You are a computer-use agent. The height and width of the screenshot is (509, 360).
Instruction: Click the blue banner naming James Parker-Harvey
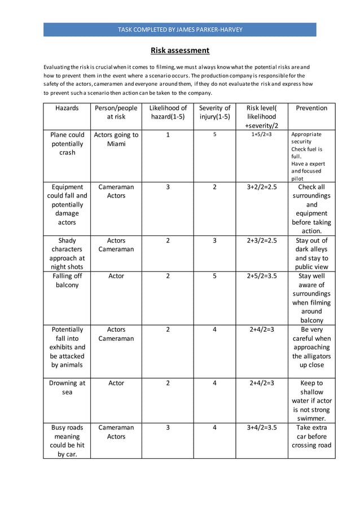tap(180, 29)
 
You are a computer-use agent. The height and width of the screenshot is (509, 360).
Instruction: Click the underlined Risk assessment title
tap(180, 50)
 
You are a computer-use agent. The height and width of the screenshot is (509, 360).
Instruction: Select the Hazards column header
tap(67, 108)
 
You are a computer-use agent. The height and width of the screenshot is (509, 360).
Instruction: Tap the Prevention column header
tap(311, 108)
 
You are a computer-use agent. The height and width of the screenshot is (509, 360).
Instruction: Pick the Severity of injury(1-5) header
tap(214, 112)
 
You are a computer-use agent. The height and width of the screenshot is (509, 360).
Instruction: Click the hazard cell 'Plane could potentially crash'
tap(67, 143)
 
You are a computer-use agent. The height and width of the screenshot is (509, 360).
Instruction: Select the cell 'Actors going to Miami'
tap(116, 139)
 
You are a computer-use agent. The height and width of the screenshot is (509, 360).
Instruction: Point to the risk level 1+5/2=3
tap(262, 135)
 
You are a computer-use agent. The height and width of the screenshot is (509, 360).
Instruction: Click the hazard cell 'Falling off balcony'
tap(67, 280)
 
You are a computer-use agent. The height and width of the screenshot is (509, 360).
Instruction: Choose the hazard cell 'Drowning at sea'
tap(67, 387)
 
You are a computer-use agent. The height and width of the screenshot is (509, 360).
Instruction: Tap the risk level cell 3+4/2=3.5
tap(262, 428)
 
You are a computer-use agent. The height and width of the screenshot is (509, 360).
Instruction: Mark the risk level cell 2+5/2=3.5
tap(262, 276)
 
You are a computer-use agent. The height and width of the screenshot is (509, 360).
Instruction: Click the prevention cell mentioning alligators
tap(311, 347)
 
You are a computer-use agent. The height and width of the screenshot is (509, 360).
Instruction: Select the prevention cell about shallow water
tap(311, 401)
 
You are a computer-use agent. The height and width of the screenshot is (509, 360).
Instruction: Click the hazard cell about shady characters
tap(67, 253)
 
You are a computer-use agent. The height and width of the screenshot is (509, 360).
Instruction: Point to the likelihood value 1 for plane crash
tap(168, 135)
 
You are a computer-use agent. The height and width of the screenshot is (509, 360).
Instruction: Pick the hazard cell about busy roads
tap(67, 441)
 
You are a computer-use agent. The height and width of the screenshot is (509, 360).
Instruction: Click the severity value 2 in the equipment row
tap(214, 187)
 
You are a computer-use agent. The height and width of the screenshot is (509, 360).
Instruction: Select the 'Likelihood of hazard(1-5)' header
tap(168, 112)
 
